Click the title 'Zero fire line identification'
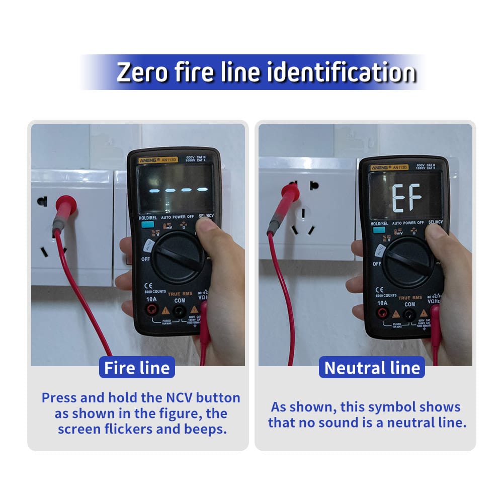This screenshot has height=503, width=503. click(266, 72)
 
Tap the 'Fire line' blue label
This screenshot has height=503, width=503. click(137, 368)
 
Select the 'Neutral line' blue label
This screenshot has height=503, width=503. click(372, 368)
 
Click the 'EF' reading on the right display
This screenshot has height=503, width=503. click(407, 198)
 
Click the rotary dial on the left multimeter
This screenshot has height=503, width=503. click(177, 257)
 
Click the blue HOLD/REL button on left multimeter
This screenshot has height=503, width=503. click(147, 225)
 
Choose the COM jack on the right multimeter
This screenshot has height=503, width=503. click(409, 315)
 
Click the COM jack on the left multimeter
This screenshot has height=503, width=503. click(178, 310)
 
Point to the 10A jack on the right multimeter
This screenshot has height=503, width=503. click(382, 314)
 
